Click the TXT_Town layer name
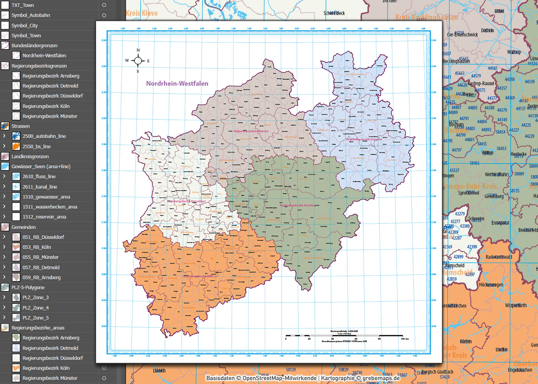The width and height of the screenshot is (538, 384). (23, 5)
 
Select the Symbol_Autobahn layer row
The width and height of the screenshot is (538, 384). (31, 15)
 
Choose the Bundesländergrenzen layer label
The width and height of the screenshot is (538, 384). (34, 46)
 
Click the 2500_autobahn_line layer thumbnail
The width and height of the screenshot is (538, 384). (16, 136)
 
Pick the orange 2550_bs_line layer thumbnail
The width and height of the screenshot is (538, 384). (16, 146)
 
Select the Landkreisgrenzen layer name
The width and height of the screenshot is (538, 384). (30, 157)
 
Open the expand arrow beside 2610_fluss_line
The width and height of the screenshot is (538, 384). (4, 176)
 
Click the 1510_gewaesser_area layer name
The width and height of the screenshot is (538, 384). (46, 197)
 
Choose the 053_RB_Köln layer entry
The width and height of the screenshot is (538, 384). (37, 247)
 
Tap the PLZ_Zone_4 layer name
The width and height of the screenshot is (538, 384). (35, 308)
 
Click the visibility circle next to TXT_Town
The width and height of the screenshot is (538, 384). (104, 5)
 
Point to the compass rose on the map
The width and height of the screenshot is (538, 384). (138, 61)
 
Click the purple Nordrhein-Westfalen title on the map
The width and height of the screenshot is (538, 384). (177, 83)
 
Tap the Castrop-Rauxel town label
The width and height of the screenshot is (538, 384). (481, 83)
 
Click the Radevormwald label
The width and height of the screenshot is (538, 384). (499, 257)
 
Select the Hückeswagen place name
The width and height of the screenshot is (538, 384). (491, 285)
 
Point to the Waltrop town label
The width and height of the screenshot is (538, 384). (514, 52)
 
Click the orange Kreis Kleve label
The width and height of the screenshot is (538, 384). (142, 13)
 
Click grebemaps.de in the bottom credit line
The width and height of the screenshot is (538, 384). (381, 378)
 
